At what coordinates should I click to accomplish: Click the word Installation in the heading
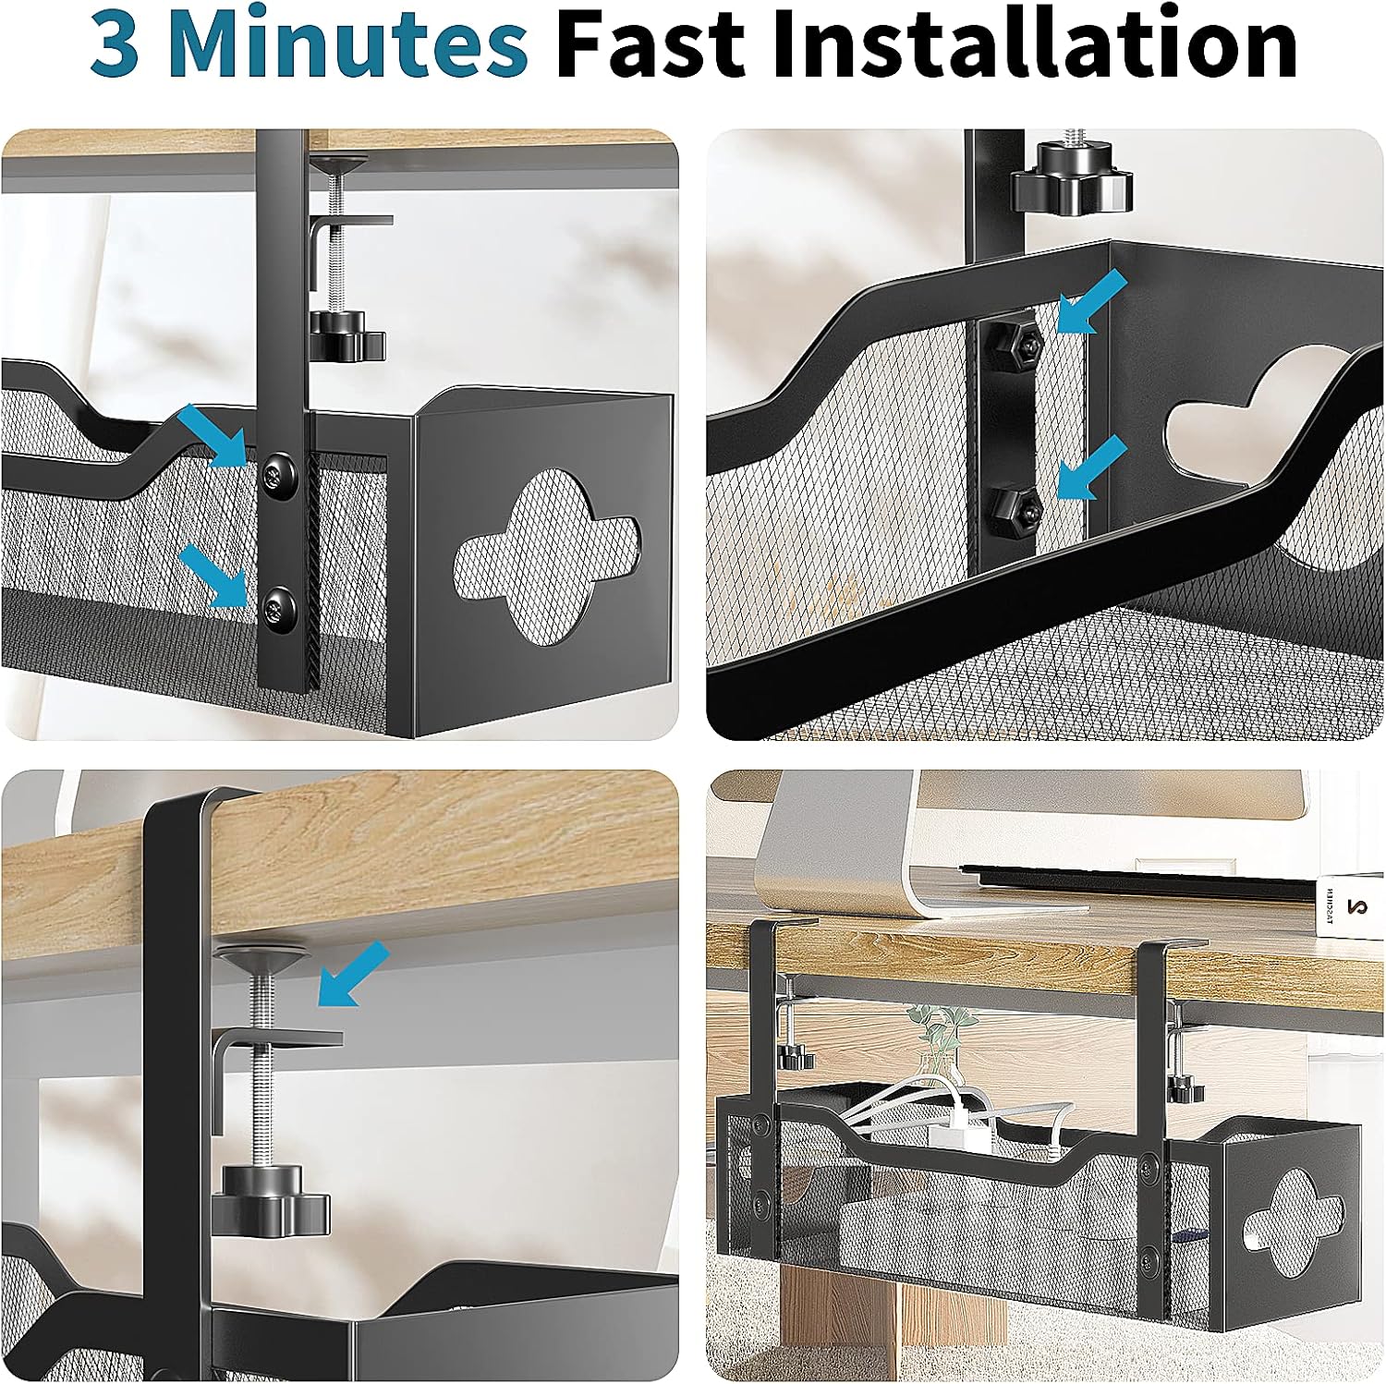click(x=1036, y=43)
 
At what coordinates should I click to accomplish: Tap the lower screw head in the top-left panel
click(x=277, y=607)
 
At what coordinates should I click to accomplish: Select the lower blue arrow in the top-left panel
click(x=213, y=575)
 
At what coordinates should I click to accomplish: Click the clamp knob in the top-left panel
click(x=346, y=338)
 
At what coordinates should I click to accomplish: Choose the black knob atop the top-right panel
click(x=1070, y=188)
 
